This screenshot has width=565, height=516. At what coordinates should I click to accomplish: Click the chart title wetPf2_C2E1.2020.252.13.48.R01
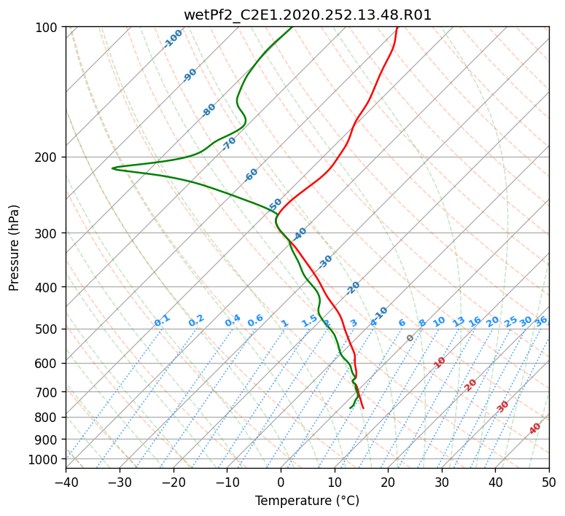click(308, 15)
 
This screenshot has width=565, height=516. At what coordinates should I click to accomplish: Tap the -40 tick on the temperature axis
click(66, 482)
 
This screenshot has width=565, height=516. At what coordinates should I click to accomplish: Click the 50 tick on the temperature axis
click(549, 482)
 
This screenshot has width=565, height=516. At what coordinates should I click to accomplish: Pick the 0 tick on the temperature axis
click(281, 482)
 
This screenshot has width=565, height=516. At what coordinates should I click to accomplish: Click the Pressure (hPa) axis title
click(14, 248)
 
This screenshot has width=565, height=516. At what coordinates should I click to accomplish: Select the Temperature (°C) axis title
click(308, 501)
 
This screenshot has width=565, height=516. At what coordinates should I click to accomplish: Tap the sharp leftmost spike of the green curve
click(112, 168)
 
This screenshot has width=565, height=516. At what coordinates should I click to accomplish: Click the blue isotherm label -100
click(174, 39)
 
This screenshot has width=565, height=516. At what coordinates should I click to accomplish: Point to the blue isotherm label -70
click(229, 144)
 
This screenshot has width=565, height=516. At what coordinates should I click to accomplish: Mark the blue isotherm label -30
click(325, 262)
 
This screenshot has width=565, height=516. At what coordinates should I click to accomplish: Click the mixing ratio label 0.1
click(162, 321)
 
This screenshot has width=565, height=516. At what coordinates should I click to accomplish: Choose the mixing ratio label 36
click(541, 321)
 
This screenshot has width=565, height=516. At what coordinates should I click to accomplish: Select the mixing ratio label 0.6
click(255, 321)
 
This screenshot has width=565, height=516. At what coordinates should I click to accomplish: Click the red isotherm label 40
click(535, 429)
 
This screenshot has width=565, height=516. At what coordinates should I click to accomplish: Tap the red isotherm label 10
click(440, 362)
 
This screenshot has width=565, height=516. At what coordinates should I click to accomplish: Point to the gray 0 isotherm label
click(410, 338)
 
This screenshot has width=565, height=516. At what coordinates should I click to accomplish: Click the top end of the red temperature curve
click(397, 27)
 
